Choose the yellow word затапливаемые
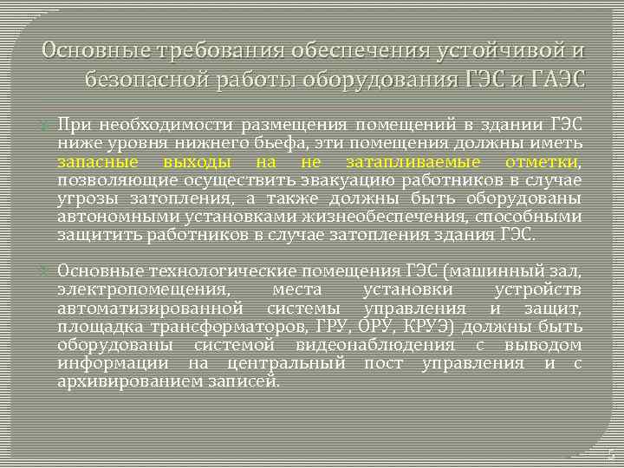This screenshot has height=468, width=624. point(404,163)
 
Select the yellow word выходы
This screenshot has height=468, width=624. point(196,163)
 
